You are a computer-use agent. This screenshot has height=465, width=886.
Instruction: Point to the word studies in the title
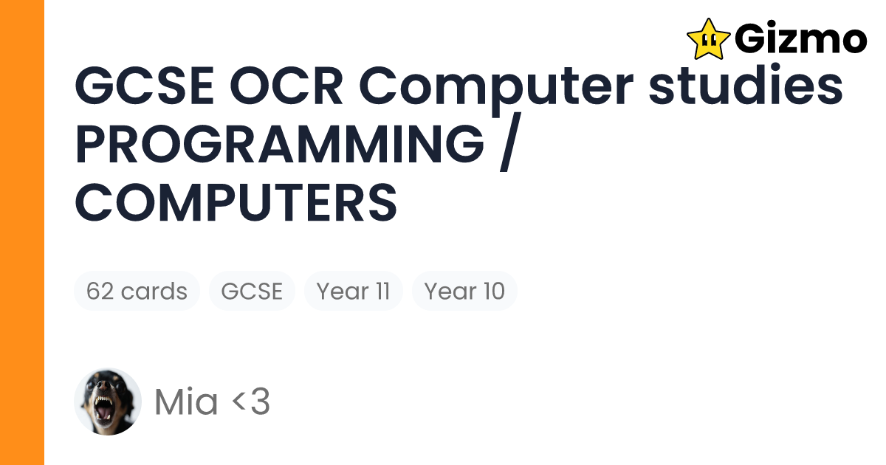pyautogui.click(x=746, y=87)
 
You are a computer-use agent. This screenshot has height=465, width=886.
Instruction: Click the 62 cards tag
pyautogui.click(x=137, y=291)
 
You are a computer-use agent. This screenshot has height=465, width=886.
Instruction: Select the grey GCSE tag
pyautogui.click(x=252, y=291)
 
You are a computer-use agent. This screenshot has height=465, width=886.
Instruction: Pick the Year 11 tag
pyautogui.click(x=353, y=291)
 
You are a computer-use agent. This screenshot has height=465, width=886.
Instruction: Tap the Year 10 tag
pyautogui.click(x=464, y=291)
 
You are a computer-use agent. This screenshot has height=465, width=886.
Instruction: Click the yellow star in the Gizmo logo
pyautogui.click(x=708, y=38)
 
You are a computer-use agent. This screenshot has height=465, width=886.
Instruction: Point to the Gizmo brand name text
pyautogui.click(x=802, y=38)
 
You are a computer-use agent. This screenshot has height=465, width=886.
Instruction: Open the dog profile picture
pyautogui.click(x=108, y=402)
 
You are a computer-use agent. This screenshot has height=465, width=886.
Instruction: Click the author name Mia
pyautogui.click(x=186, y=402)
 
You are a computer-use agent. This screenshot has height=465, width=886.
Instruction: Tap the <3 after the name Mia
pyautogui.click(x=251, y=402)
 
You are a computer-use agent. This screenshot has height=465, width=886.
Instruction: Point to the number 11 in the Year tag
pyautogui.click(x=382, y=291)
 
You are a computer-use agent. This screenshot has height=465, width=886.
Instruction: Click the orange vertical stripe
pyautogui.click(x=22, y=232)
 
